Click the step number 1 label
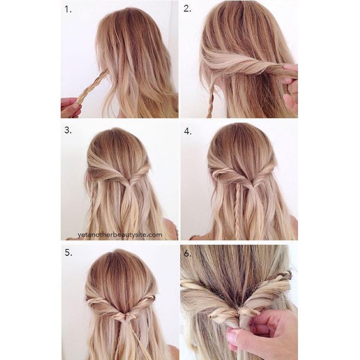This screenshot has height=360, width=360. [68, 9]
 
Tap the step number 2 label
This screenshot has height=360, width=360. [187, 9]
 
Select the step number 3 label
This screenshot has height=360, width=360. [68, 130]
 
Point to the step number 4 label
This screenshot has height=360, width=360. [188, 131]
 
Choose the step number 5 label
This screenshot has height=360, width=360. [68, 252]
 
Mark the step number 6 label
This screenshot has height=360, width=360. [188, 253]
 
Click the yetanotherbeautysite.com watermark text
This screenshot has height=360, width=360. [120, 235]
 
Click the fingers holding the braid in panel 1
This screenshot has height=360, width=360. [70, 107]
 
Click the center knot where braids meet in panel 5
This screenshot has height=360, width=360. [125, 316]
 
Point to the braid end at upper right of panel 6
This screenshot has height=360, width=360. [284, 274]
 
